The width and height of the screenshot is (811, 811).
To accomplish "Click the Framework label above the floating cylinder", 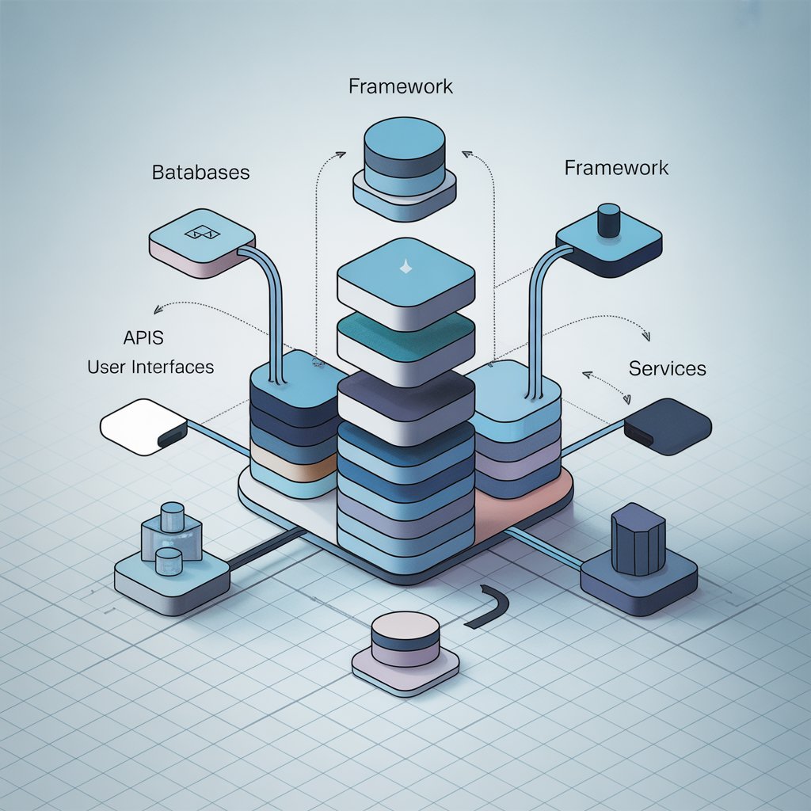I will click(x=401, y=86).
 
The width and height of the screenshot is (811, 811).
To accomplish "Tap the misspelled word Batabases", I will click(x=200, y=172).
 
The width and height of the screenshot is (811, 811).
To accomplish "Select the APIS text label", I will click(x=143, y=337).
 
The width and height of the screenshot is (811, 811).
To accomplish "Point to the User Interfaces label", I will click(x=150, y=367).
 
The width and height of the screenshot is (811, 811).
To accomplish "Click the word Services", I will click(x=667, y=368).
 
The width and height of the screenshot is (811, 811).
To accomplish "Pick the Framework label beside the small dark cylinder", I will click(x=616, y=168).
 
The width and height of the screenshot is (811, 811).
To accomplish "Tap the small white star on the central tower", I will click(x=405, y=268).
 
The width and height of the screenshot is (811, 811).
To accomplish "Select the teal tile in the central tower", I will click(x=405, y=337).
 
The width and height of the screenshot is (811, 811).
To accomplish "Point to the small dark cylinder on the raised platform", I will click(x=608, y=220).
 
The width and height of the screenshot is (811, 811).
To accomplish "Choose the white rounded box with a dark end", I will click(x=143, y=427).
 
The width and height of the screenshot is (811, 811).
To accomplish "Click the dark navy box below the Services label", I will click(x=667, y=426).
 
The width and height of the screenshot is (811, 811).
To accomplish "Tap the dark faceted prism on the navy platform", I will click(x=638, y=540).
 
